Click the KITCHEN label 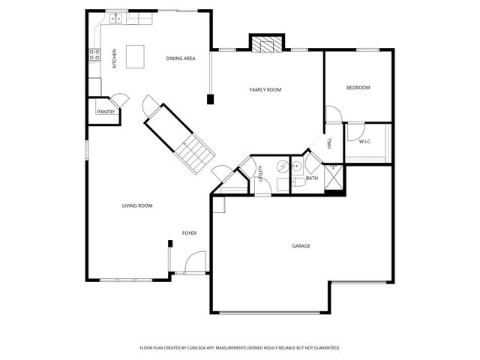tap(115, 58)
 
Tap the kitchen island tap(135, 56)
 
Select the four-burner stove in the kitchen tap(95, 54)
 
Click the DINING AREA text tap(181, 58)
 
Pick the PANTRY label tap(106, 112)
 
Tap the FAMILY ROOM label tap(265, 90)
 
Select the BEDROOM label tap(358, 88)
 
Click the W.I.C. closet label tap(365, 141)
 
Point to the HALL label tap(329, 142)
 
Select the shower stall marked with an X tap(334, 178)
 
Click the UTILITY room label tap(261, 174)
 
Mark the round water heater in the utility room tap(282, 167)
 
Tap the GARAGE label tap(301, 246)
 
